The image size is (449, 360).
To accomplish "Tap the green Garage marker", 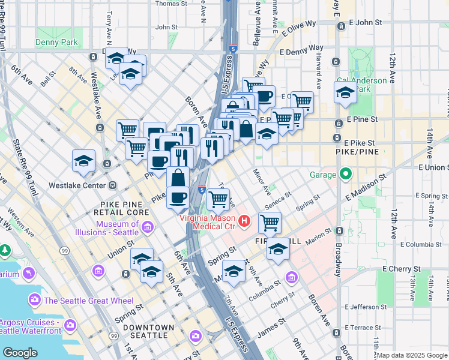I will coord(345,175).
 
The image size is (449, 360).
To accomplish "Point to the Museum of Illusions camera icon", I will coord(149,227).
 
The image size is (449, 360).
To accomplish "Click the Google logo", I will coord(20,353).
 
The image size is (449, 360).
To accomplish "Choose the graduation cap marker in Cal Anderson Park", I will coord(345,93).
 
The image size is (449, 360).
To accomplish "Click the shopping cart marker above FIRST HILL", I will coord(270,223).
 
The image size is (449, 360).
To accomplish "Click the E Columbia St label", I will coord(414,245).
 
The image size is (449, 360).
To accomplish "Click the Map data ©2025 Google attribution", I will coord(412,355).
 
